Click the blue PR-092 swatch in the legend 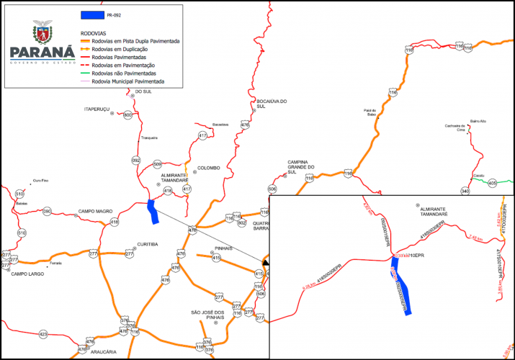[x=91, y=15]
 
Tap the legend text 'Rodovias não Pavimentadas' [x=129, y=73]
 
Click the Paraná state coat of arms [x=42, y=32]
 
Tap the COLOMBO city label [x=209, y=168]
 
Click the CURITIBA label [x=147, y=244]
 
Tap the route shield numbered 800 [x=128, y=115]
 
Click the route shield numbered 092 [x=136, y=160]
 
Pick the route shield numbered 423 [x=43, y=335]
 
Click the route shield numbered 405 [x=492, y=184]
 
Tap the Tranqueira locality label [x=149, y=138]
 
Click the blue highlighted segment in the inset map [x=401, y=288]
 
